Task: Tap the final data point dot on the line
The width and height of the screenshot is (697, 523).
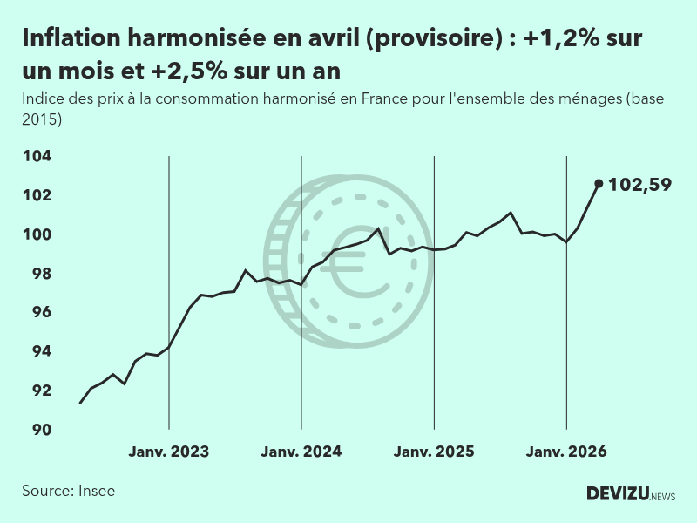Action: tap(599, 183)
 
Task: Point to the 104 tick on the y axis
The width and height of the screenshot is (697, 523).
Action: tap(38, 156)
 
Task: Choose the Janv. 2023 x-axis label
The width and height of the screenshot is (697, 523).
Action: tap(169, 452)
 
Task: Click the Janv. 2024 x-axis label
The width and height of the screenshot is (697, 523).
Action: tap(301, 452)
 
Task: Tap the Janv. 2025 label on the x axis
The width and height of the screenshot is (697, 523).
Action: tap(434, 452)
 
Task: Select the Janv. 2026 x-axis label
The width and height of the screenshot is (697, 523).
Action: tap(566, 452)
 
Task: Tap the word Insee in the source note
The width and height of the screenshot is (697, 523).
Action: tap(97, 491)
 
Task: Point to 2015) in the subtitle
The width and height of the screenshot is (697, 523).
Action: tap(42, 119)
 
